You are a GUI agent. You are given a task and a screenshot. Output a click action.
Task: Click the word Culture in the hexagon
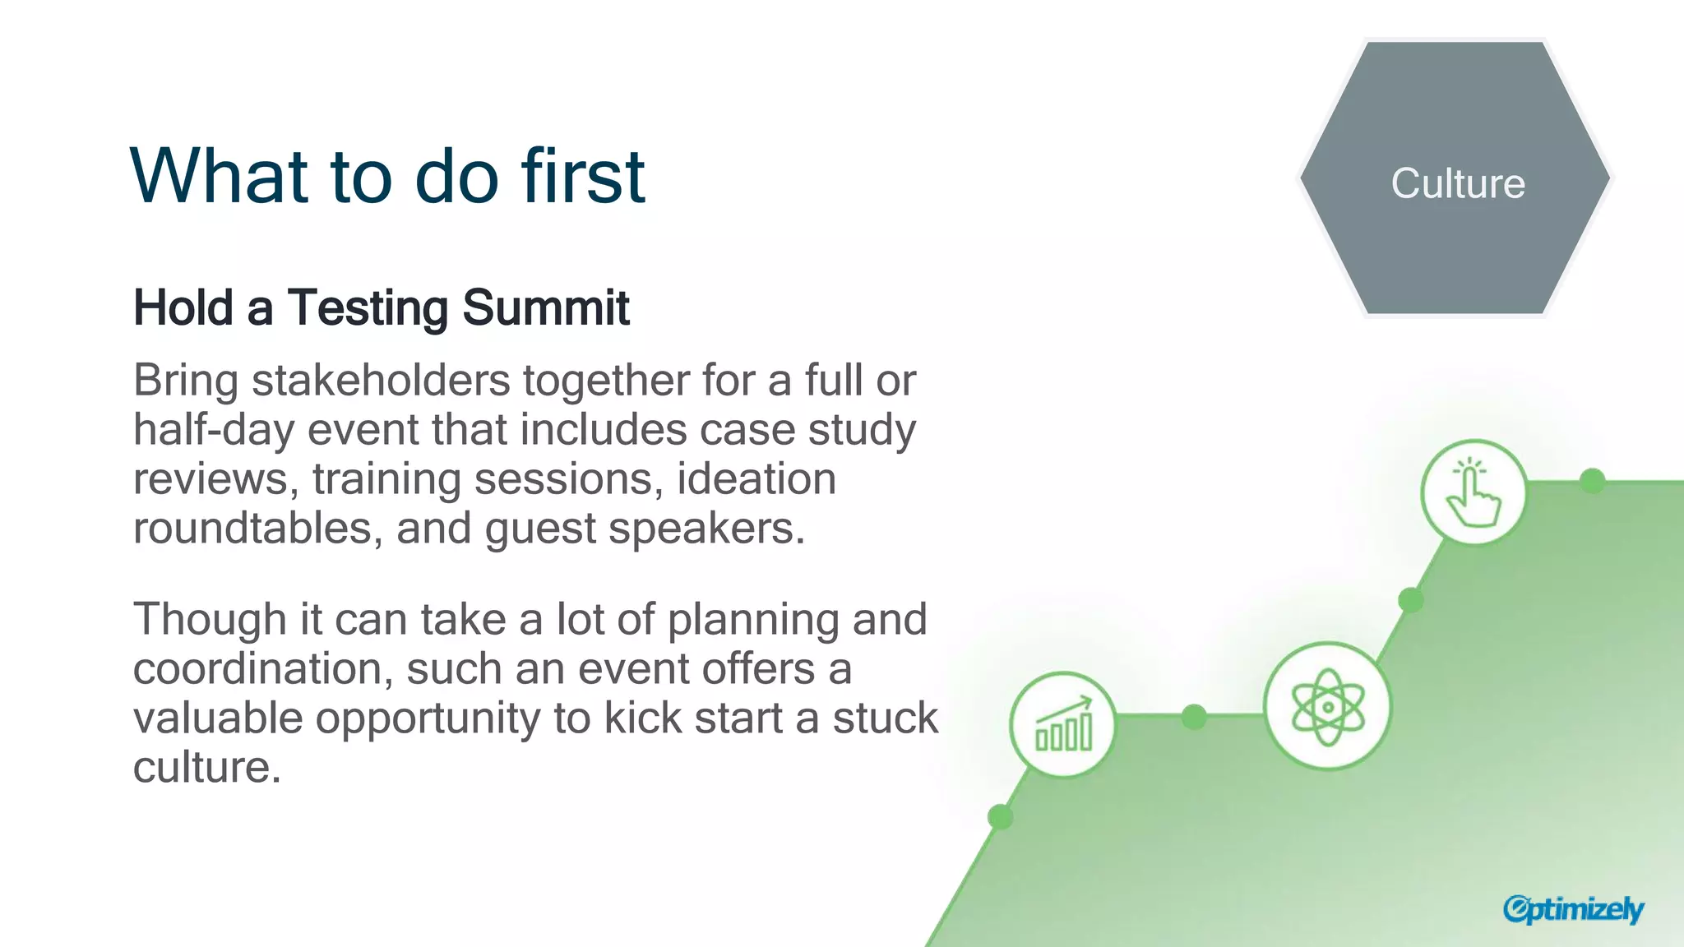tap(1458, 183)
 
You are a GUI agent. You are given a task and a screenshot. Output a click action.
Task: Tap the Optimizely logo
tap(1573, 909)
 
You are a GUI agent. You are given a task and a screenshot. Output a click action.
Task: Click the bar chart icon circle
tap(1063, 725)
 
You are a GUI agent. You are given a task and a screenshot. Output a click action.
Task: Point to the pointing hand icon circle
tap(1473, 492)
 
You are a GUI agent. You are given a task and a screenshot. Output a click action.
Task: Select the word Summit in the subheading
tap(546, 308)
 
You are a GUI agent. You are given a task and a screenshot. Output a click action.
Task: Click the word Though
tap(210, 620)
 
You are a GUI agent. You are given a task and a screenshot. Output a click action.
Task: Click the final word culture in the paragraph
tap(206, 768)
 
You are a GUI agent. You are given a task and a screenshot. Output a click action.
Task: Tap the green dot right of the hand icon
tap(1593, 481)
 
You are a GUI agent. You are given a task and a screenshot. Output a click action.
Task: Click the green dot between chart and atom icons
tap(1194, 717)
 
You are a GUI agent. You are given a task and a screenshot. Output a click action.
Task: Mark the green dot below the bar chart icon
tap(1000, 817)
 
